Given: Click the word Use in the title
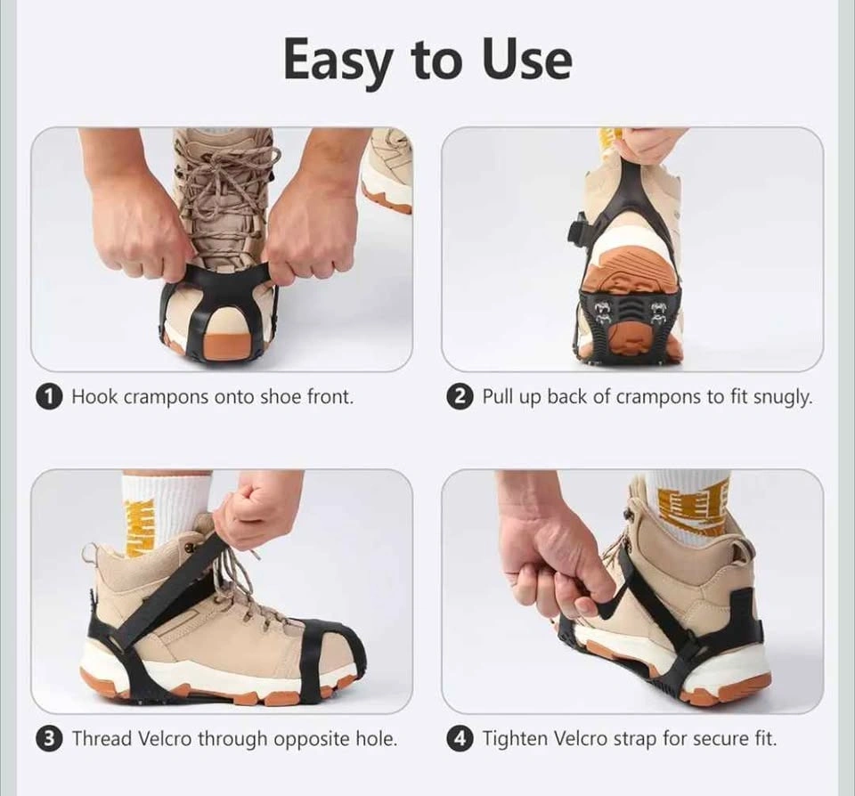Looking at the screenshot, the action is tap(526, 59).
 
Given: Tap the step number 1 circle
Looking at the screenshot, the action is tap(48, 397).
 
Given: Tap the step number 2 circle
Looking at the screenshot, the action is tap(459, 397).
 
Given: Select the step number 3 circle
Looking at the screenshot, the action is tap(48, 739).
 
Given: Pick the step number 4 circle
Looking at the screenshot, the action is tap(459, 739).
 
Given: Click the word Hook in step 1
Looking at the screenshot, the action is tap(94, 396).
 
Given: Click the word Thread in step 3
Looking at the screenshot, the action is tap(102, 739).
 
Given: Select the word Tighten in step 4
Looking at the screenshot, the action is tap(516, 739).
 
